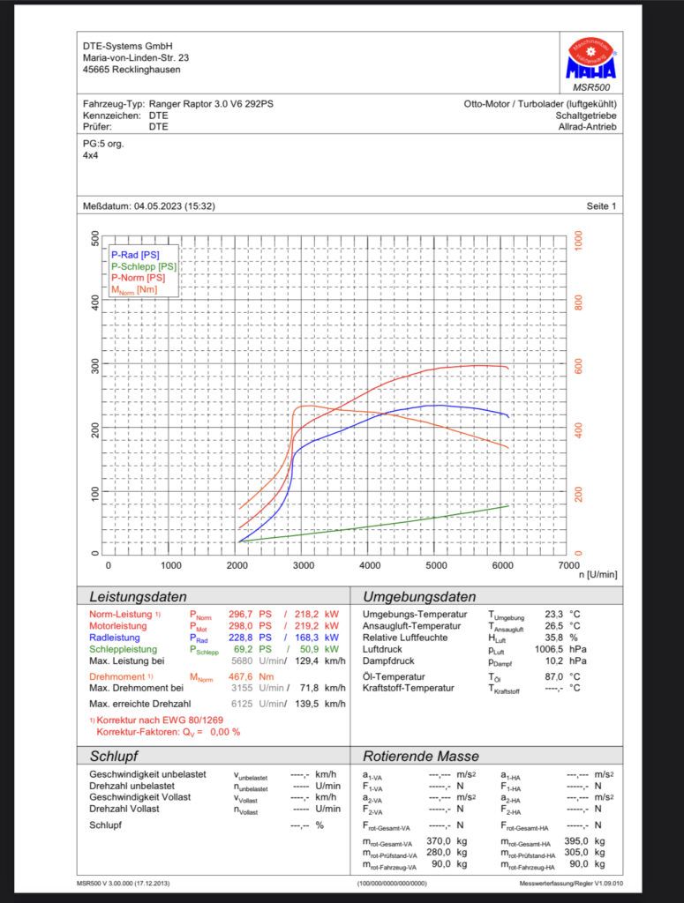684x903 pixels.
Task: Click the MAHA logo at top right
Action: (590, 58)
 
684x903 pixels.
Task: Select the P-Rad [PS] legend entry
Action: (135, 255)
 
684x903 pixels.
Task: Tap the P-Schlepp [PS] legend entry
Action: (144, 266)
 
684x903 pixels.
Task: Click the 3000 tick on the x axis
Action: (303, 565)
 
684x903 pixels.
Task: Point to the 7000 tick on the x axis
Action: (568, 565)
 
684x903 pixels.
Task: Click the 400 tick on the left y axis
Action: (95, 302)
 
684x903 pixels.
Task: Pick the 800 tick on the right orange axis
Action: (579, 302)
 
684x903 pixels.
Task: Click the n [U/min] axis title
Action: (598, 575)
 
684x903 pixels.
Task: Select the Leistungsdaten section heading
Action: (139, 597)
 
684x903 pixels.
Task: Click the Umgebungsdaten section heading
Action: (419, 597)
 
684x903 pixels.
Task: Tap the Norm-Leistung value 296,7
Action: (240, 615)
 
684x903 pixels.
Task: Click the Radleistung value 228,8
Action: (240, 638)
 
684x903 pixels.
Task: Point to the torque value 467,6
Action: (240, 676)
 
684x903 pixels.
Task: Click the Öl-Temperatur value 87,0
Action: (553, 676)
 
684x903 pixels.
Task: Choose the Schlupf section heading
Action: (114, 756)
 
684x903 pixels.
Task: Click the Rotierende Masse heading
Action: (421, 756)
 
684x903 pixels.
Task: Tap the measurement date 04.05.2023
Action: (158, 206)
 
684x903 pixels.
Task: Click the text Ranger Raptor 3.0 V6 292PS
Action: (211, 104)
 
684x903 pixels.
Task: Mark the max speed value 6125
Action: (242, 704)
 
